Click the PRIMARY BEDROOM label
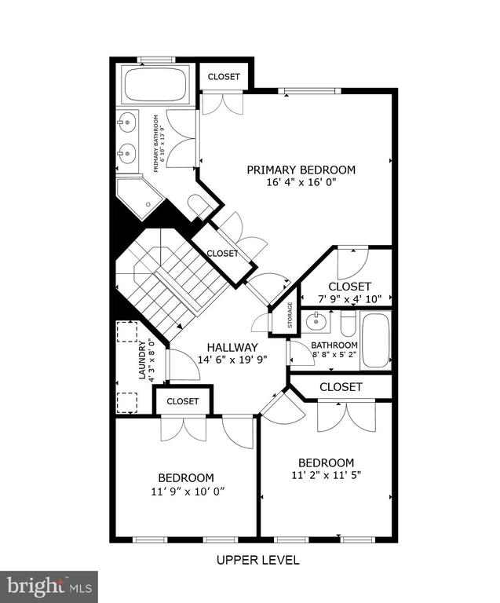coord(301,170)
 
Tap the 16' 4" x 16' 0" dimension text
coord(301,182)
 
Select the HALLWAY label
coord(232,347)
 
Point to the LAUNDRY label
coord(143,359)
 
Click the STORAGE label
coord(290,315)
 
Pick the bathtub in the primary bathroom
coord(155,85)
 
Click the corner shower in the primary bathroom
coord(139,198)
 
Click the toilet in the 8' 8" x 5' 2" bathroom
coord(349,321)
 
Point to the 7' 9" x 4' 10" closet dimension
coord(349,299)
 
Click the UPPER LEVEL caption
coord(258,560)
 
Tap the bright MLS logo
coord(49,587)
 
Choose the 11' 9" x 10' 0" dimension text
coord(188,491)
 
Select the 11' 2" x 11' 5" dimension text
coord(326,475)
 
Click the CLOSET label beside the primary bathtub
coord(224,76)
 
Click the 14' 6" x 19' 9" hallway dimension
coord(232,360)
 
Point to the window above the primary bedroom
coord(309,91)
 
